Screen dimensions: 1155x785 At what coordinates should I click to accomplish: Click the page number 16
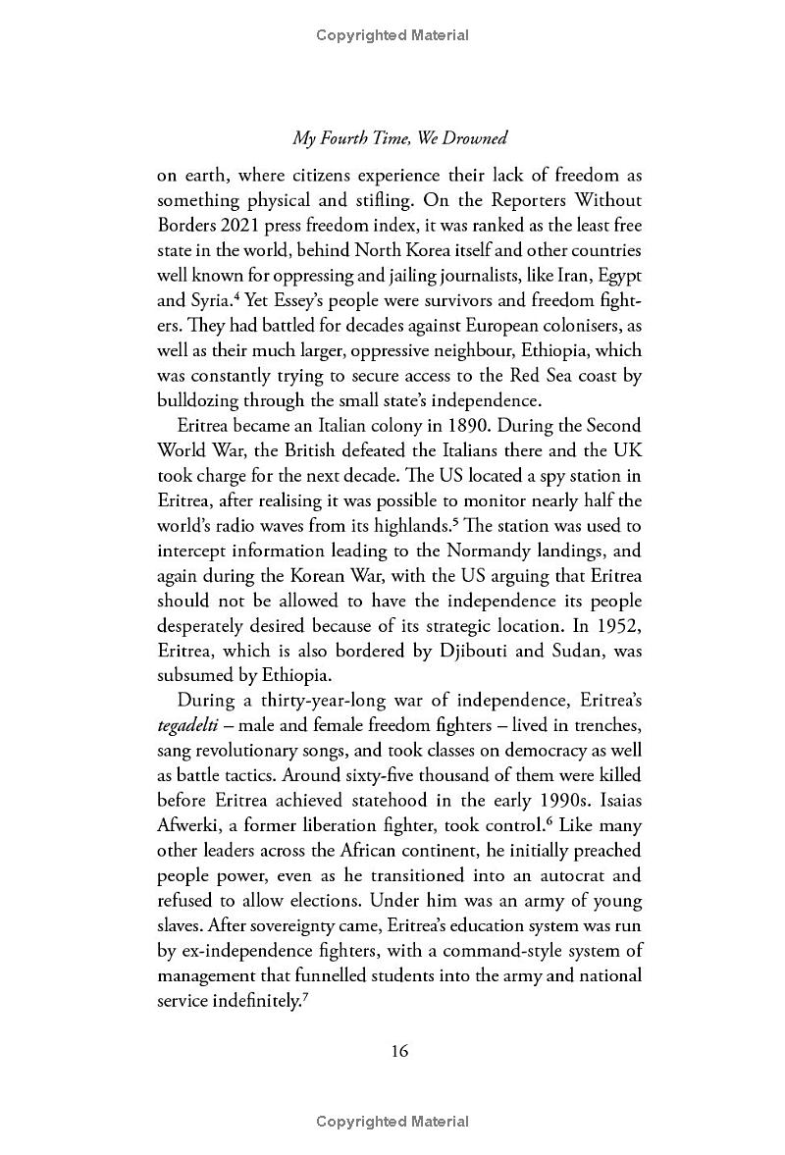(x=398, y=1050)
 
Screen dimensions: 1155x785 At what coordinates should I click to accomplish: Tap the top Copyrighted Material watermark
(x=392, y=35)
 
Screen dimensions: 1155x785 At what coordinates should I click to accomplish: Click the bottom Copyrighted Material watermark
(x=392, y=1122)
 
